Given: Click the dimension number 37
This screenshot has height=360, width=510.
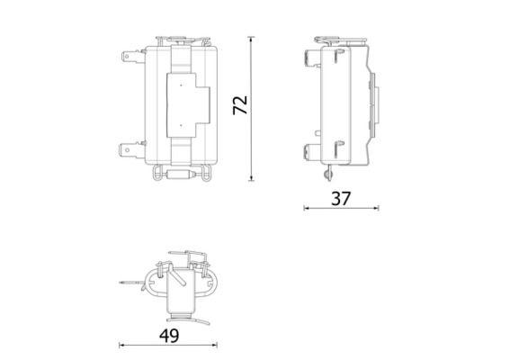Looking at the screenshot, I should pos(340,199).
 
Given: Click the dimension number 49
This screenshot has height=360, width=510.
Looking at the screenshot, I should pos(168,336).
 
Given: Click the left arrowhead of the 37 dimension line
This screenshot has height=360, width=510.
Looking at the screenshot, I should pos(306,208).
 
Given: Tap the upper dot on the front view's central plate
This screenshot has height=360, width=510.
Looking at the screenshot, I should pos(179,85).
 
